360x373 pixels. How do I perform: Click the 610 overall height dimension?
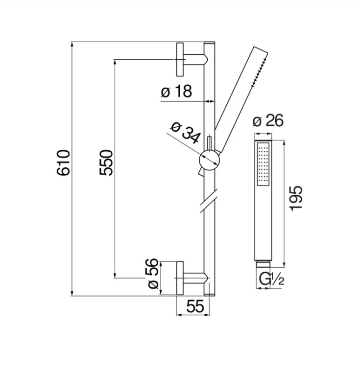63,163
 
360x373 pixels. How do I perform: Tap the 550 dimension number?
106,163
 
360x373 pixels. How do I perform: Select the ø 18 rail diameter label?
176,91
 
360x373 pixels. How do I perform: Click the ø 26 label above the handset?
268,120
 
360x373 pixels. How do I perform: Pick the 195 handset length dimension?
296,198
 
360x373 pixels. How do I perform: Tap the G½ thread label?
271,280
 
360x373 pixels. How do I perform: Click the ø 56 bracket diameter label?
151,274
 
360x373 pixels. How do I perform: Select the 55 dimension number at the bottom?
195,306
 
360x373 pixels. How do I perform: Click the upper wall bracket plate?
180,59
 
